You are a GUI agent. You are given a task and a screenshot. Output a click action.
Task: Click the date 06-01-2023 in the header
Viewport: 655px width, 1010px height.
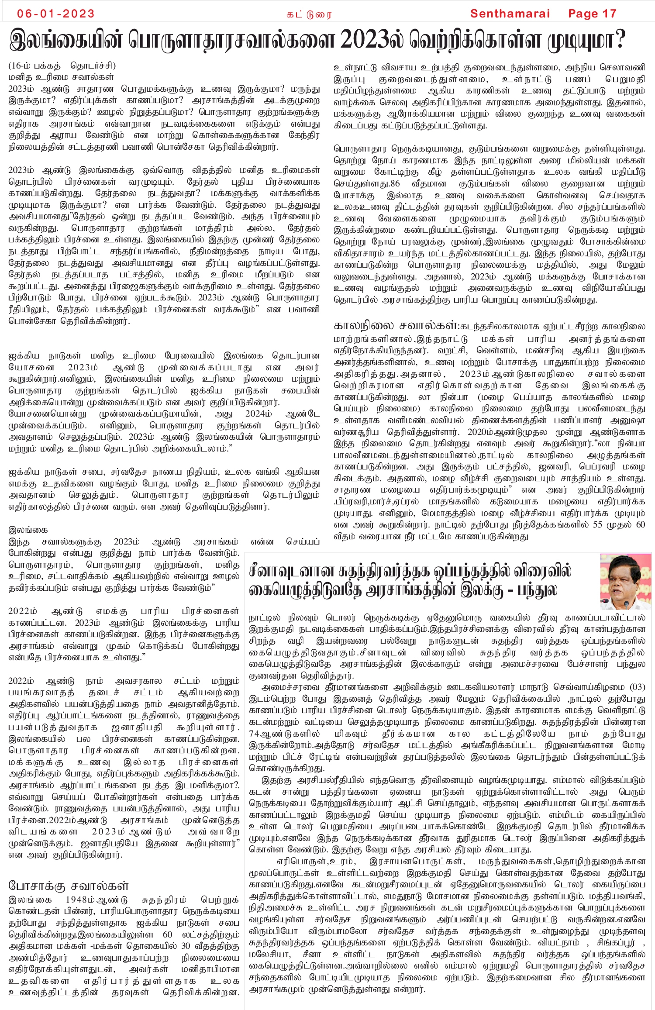55,14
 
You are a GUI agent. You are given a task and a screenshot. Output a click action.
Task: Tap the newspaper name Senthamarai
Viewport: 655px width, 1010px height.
510,14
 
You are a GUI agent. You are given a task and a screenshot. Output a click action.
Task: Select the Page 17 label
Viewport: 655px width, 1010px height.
592,14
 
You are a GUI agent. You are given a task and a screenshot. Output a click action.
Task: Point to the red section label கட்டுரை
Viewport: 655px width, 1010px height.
309,14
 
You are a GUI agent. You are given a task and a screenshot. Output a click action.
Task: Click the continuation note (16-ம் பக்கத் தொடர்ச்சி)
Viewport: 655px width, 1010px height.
62,66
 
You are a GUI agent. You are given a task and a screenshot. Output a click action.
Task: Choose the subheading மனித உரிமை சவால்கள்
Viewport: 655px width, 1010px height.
61,77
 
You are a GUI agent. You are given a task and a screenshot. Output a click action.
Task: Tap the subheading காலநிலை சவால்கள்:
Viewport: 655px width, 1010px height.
396,326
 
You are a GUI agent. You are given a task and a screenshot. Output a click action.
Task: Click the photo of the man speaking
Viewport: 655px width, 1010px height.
625,582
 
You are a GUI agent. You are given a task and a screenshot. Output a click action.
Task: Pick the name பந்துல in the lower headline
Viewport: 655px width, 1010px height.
538,591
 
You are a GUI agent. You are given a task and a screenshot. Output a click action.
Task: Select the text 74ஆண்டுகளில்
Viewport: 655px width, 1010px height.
284,734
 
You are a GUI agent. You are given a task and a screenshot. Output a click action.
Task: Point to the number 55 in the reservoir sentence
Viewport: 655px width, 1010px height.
599,524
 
